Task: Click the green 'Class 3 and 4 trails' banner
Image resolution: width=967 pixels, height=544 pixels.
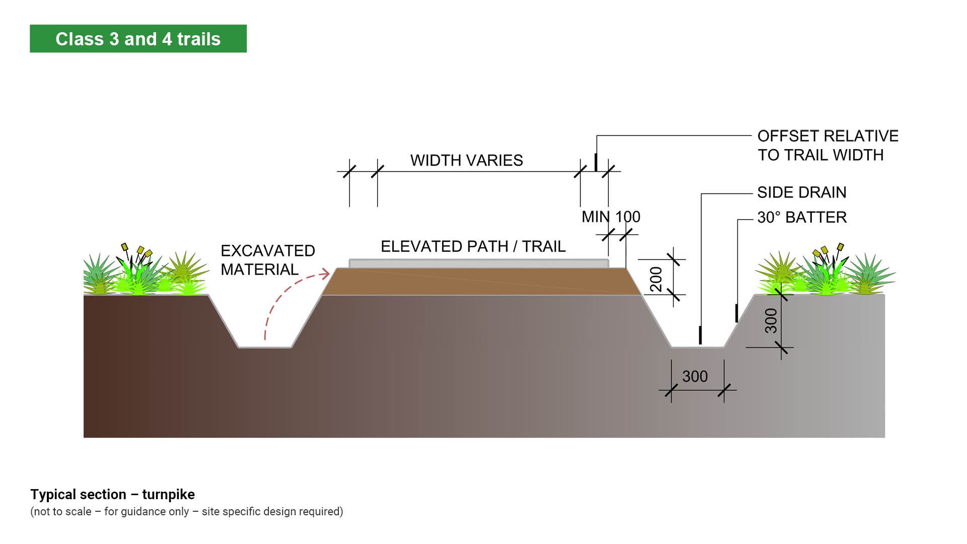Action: [138, 39]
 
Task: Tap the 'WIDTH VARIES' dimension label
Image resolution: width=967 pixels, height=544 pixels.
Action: [466, 160]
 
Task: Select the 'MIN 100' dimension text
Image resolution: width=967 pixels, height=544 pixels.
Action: [611, 217]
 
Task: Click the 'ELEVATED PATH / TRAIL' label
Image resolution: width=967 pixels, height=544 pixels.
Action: [473, 246]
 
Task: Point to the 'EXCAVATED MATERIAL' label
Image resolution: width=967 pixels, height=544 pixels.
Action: [267, 260]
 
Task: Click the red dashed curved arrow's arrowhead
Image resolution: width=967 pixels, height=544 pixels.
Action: [326, 274]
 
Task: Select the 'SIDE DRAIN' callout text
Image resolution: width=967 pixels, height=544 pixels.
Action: [802, 192]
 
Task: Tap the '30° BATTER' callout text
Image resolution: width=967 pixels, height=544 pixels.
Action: [802, 218]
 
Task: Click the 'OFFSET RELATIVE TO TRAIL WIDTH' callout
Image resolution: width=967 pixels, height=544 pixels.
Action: [827, 146]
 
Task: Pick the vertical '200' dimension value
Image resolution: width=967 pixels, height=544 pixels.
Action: [656, 279]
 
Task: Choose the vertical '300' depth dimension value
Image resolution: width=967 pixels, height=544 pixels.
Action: [771, 321]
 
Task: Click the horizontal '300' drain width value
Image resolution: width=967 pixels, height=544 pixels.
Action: [695, 376]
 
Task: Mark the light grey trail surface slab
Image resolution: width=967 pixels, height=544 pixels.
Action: [478, 263]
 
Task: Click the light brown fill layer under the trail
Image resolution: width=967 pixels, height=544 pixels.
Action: [478, 282]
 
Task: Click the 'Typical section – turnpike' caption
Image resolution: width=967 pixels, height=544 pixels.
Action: [112, 494]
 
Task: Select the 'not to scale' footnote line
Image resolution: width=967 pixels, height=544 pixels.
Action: [186, 512]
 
